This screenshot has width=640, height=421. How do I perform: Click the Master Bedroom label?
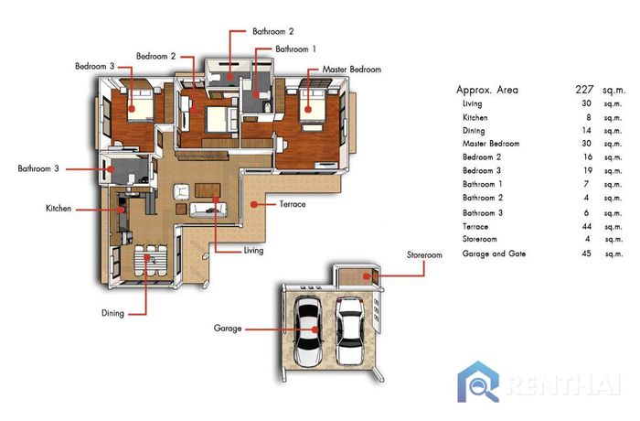pyautogui.click(x=351, y=70)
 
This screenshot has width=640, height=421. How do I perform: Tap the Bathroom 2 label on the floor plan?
pyautogui.click(x=272, y=31)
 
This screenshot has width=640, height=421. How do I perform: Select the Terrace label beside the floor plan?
pyautogui.click(x=293, y=204)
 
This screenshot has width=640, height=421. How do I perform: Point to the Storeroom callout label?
pyautogui.click(x=424, y=255)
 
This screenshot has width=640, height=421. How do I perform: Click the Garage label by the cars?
pyautogui.click(x=228, y=329)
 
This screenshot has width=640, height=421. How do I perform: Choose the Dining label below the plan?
pyautogui.click(x=112, y=313)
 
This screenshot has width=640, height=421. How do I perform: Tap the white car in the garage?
pyautogui.click(x=349, y=330)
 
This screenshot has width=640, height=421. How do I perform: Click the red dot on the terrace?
pyautogui.click(x=254, y=204)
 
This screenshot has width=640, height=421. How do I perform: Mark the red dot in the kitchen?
pyautogui.click(x=121, y=210)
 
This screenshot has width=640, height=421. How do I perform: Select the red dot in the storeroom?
pyautogui.click(x=367, y=276)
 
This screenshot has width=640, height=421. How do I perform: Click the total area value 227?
pyautogui.click(x=584, y=90)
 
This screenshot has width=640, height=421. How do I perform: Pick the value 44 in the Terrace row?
pyautogui.click(x=586, y=226)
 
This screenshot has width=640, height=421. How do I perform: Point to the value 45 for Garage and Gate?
pyautogui.click(x=586, y=254)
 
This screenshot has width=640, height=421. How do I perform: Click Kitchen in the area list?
pyautogui.click(x=475, y=118)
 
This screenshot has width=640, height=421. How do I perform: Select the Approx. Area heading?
pyautogui.click(x=487, y=90)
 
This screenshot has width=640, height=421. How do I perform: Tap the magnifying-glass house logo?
pyautogui.click(x=478, y=382)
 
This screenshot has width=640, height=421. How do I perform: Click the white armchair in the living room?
pyautogui.click(x=181, y=191)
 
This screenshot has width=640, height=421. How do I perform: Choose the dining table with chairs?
pyautogui.click(x=150, y=260)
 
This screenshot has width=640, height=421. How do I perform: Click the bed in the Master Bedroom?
pyautogui.click(x=312, y=104)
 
